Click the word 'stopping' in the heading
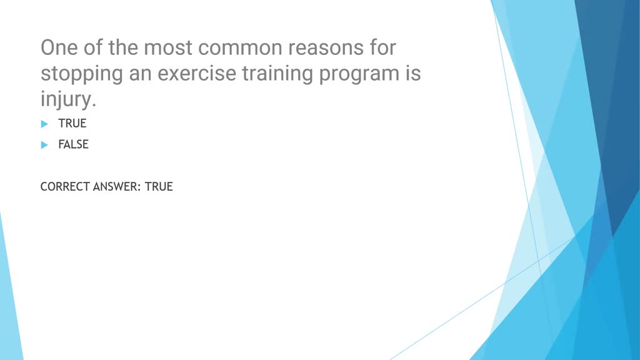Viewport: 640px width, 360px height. [x=81, y=74]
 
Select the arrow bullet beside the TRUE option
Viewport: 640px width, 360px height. [x=44, y=124]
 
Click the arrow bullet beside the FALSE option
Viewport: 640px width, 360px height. [x=44, y=144]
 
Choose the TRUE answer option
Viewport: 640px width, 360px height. [x=72, y=124]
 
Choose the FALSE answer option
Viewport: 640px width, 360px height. [x=73, y=144]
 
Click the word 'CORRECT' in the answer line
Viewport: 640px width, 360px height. [x=64, y=186]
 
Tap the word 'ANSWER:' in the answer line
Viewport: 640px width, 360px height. [x=117, y=186]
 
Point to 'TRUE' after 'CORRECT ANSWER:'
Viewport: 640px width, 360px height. [x=159, y=186]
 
